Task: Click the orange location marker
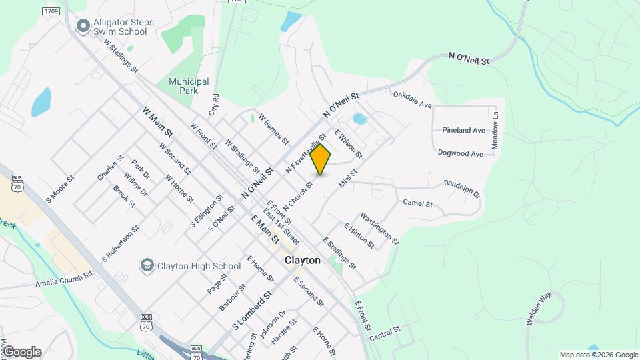point(321,159)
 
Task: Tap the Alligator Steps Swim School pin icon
point(83,26)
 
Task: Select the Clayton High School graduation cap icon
point(146,266)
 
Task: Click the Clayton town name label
point(303,260)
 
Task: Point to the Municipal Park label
point(189,86)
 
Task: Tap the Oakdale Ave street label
point(413,100)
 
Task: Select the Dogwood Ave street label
point(460,153)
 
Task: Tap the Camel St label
point(418,203)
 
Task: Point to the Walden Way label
point(538,309)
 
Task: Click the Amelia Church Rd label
point(64,280)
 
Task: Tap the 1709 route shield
point(51,11)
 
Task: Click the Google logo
point(22,351)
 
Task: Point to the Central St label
point(384,333)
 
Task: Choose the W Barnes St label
point(273,129)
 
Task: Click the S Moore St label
point(59,189)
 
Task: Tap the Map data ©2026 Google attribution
point(597,355)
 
